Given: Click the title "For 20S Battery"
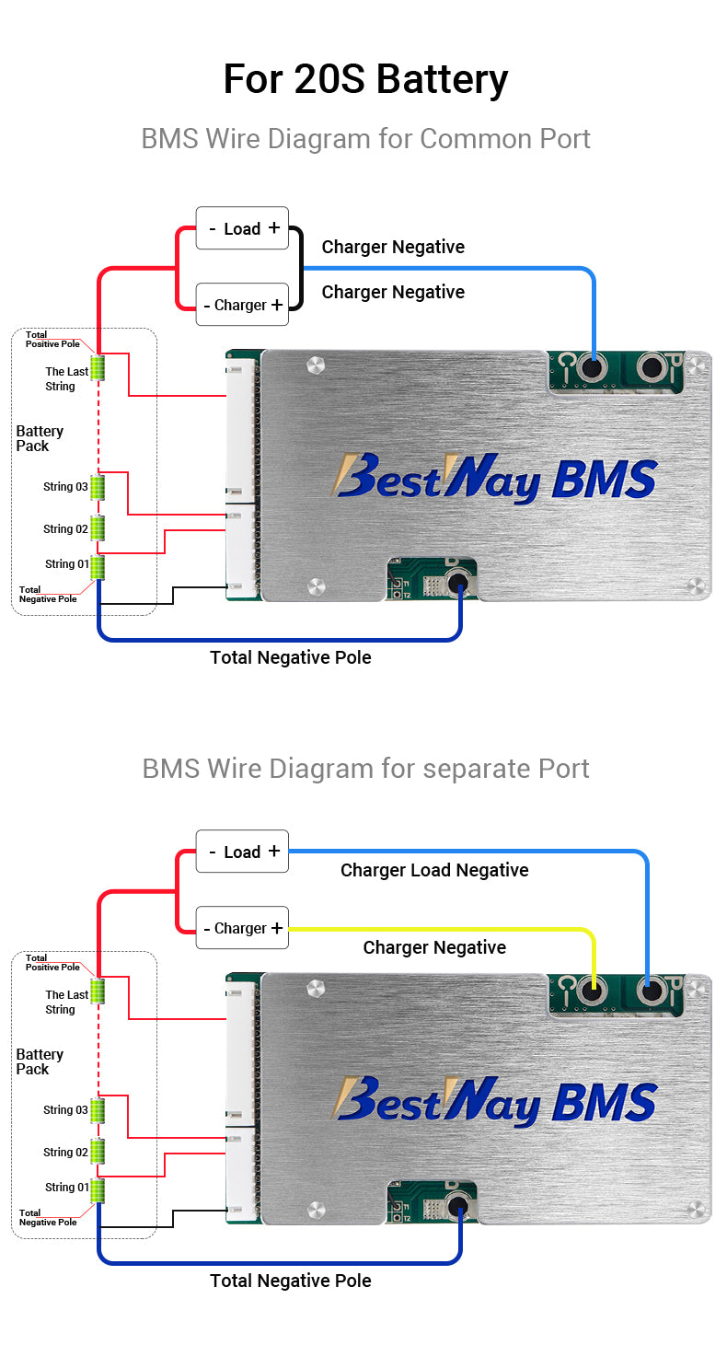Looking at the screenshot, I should click(x=365, y=79).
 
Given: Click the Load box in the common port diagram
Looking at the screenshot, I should click(x=242, y=228).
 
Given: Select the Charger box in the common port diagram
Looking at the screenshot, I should click(x=242, y=305).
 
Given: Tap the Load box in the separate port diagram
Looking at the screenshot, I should click(x=242, y=852).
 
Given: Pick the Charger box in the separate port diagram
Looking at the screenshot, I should click(x=242, y=928).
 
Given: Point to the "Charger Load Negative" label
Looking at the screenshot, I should click(x=434, y=870).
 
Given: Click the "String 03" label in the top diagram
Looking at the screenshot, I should click(x=65, y=486).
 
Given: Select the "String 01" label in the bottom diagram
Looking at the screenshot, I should click(x=67, y=1187).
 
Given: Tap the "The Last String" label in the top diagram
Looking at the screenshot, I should click(x=66, y=379).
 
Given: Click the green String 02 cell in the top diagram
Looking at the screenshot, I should click(x=97, y=528).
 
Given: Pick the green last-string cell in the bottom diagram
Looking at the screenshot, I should click(x=97, y=991).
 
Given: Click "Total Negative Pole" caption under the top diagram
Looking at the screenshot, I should click(x=291, y=657).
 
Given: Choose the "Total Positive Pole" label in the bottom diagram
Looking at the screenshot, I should click(x=52, y=962).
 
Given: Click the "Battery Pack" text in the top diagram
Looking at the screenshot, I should click(x=40, y=438).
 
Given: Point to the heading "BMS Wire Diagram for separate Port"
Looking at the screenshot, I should click(x=365, y=768).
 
